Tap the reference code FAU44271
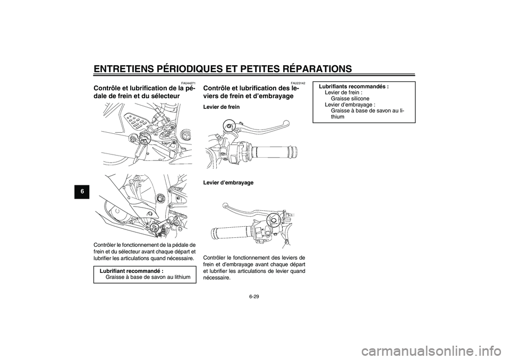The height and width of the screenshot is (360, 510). tap(188, 83)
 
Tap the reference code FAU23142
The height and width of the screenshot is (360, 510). tap(298, 83)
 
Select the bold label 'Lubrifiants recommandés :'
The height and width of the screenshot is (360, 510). tap(354, 86)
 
